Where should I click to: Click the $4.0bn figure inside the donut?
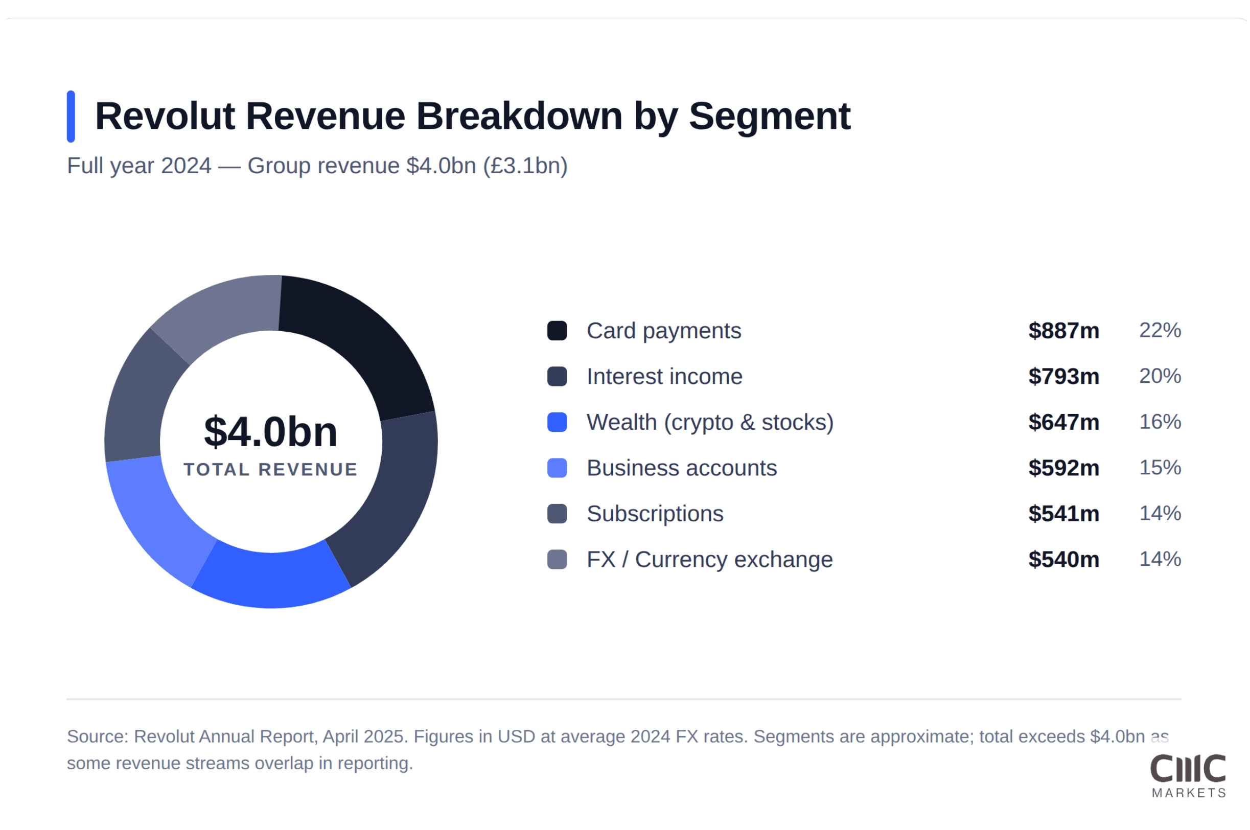[x=271, y=431]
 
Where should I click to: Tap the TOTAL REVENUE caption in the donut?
[x=271, y=470]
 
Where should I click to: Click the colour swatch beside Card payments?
[x=557, y=331]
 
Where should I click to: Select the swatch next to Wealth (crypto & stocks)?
[x=557, y=422]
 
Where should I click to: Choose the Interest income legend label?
[x=664, y=376]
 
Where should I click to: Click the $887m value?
[x=1063, y=331]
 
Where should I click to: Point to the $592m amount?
[x=1063, y=468]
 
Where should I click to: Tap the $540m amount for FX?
[x=1063, y=560]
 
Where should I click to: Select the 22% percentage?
[x=1160, y=330]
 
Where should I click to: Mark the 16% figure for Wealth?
[x=1160, y=422]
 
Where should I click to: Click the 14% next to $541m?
[x=1160, y=514]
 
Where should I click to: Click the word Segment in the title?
[x=770, y=117]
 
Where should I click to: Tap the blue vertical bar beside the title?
[x=71, y=117]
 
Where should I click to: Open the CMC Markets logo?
[x=1188, y=775]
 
